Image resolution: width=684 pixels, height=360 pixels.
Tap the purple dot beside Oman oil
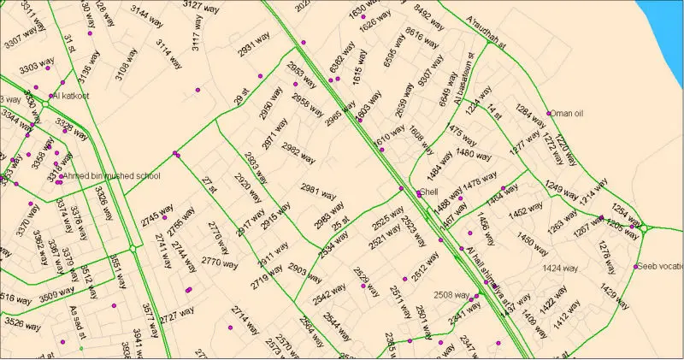tap(549, 114)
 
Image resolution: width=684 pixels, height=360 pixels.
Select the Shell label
tap(429, 192)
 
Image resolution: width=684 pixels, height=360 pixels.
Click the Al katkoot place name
tap(73, 96)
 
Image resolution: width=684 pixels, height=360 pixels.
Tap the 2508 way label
tap(451, 295)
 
